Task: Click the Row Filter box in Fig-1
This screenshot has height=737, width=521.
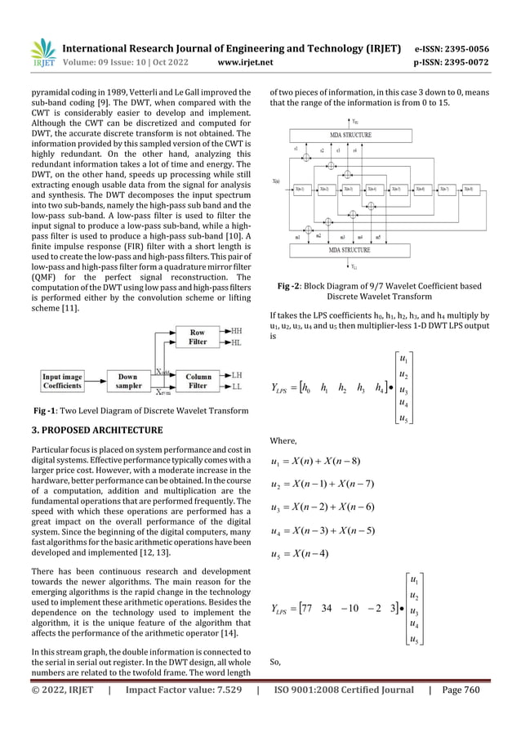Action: click(x=198, y=337)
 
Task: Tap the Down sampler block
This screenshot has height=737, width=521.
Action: click(x=127, y=381)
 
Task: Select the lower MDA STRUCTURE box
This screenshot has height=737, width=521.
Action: click(x=351, y=249)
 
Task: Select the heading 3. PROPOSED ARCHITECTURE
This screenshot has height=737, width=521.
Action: click(x=97, y=430)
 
